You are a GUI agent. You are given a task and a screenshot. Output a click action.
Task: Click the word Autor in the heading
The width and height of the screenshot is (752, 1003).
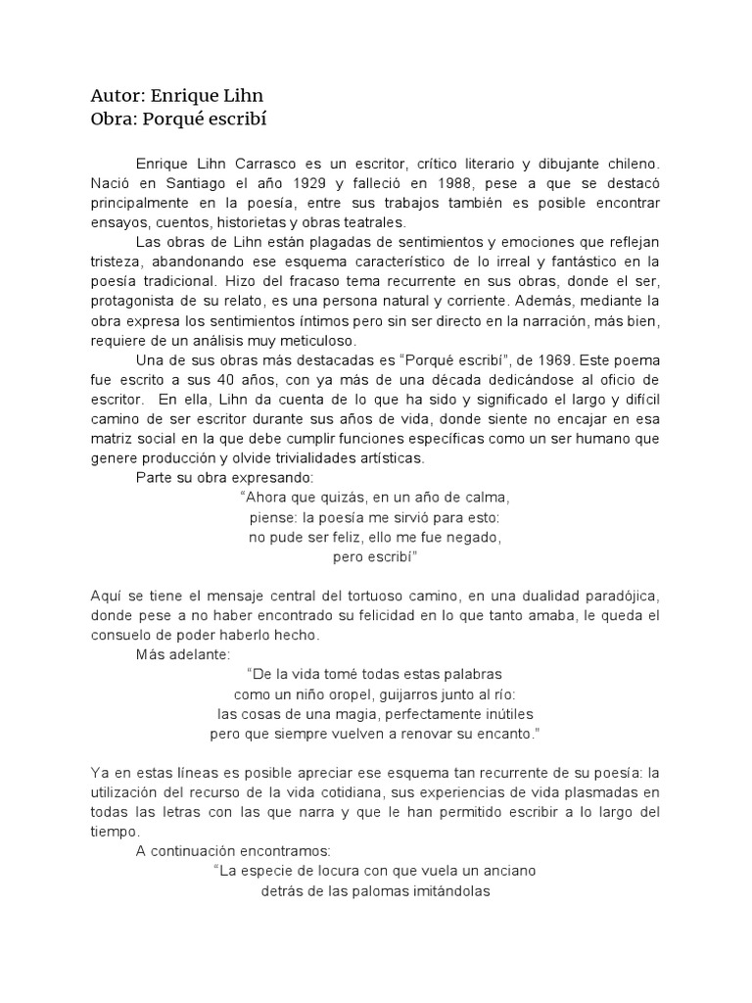click(x=117, y=96)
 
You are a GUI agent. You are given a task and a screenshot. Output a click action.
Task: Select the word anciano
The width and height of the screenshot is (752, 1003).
click(x=508, y=870)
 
